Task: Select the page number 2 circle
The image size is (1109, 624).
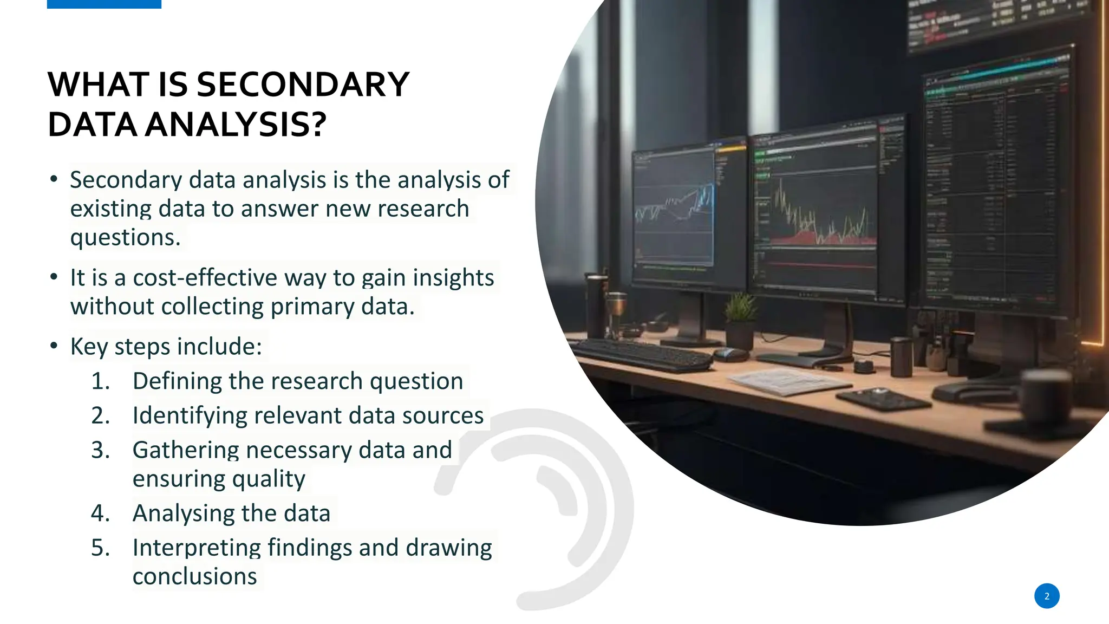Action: tap(1046, 596)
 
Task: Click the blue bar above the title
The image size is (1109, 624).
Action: tap(104, 4)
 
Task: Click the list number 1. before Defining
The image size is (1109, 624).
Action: tap(100, 381)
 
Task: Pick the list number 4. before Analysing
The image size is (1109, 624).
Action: tap(100, 513)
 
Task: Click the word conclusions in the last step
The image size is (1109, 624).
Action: tap(194, 576)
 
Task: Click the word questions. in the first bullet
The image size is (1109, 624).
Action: tap(125, 238)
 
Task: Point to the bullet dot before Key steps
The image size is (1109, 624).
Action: tap(54, 346)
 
